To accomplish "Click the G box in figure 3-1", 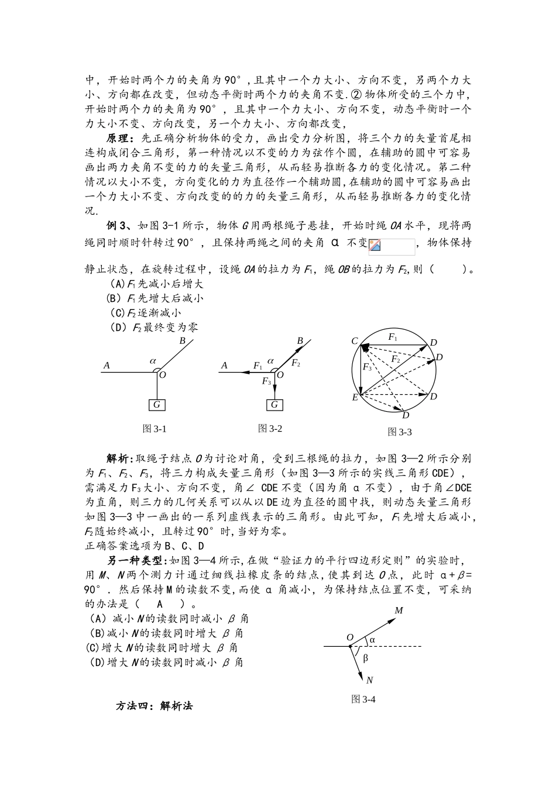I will coord(156,405).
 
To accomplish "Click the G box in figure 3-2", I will coord(274,405).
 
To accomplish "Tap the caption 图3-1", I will coord(155,429).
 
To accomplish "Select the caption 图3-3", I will coord(400,432).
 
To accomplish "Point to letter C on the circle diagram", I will coord(354,341).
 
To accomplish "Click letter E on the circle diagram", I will coord(354,398).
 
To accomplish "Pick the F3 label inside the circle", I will coord(367,367).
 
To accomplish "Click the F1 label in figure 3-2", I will coord(258,366).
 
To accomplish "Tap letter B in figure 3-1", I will coord(182,340).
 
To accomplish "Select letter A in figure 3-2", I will coord(224,366).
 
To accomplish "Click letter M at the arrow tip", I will coord(399,611).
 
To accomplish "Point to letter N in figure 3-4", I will coord(369,680).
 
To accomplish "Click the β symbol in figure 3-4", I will coord(366,658).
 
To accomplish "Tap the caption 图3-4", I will coord(363,699).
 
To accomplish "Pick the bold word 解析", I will coord(119,458).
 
